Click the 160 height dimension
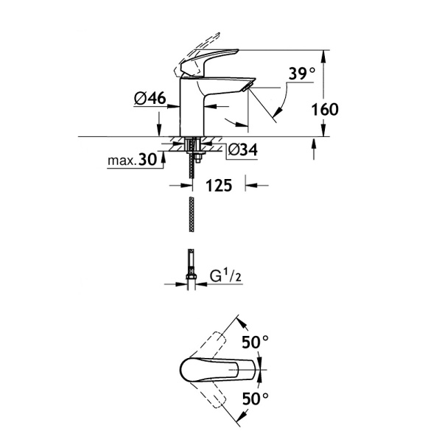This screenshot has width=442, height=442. tap(324, 110)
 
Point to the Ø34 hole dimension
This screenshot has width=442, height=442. tap(242, 150)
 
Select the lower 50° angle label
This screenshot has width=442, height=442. tap(255, 400)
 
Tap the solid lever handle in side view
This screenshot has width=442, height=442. tap(218, 59)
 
